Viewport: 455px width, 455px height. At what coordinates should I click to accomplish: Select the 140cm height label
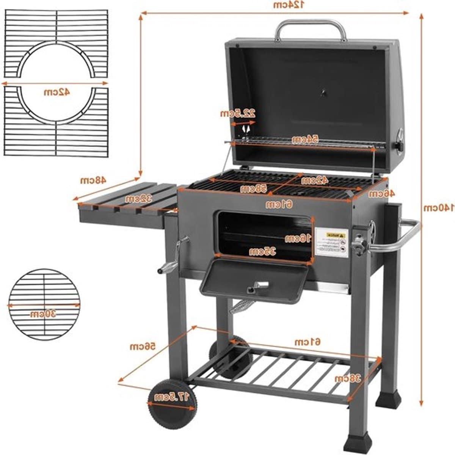click(x=439, y=208)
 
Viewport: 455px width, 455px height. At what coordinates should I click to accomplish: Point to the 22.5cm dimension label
click(x=238, y=113)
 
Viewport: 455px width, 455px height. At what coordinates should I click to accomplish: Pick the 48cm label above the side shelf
click(x=92, y=180)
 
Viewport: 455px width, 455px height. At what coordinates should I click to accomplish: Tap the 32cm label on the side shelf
click(x=139, y=199)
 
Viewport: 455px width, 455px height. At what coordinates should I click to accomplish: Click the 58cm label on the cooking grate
click(x=254, y=188)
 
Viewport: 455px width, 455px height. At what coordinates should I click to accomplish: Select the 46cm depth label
click(x=382, y=193)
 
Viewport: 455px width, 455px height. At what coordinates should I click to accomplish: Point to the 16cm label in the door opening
click(x=298, y=238)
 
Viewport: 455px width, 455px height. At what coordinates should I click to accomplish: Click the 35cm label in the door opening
click(x=262, y=251)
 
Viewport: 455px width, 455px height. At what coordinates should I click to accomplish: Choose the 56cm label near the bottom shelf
click(x=143, y=347)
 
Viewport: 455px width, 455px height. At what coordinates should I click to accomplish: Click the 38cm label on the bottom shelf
click(x=347, y=378)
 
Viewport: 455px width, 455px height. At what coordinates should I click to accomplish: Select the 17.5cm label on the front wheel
click(x=171, y=397)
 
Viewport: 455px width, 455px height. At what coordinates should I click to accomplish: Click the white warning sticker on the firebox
click(x=331, y=243)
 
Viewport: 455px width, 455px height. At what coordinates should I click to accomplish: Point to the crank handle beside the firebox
click(x=171, y=258)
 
